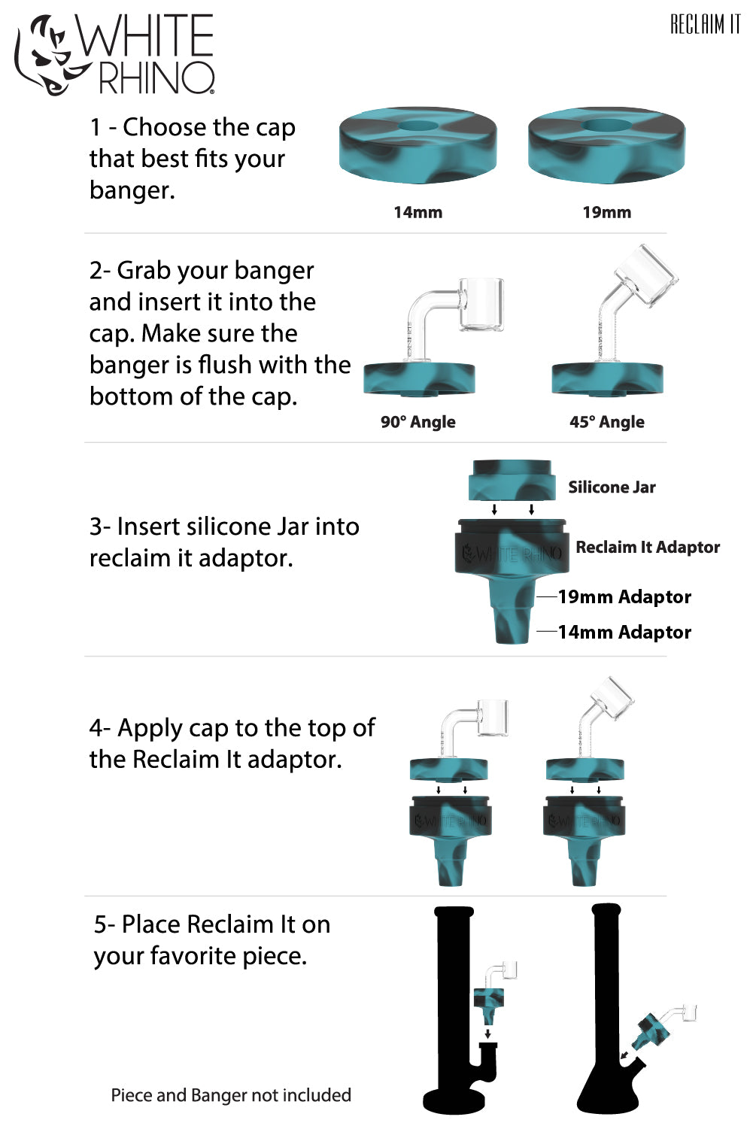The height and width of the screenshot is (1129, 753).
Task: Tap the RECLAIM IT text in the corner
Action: click(x=705, y=25)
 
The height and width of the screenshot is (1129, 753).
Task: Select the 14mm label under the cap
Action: click(x=417, y=212)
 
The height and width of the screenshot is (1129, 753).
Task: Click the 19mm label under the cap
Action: click(x=606, y=212)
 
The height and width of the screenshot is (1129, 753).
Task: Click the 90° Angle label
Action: click(x=417, y=422)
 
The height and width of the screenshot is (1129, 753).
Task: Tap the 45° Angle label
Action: click(x=606, y=422)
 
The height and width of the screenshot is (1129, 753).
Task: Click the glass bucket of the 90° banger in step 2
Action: click(x=481, y=304)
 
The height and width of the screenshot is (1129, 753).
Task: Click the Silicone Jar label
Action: click(x=612, y=487)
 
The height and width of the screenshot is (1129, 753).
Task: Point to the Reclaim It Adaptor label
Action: click(x=648, y=548)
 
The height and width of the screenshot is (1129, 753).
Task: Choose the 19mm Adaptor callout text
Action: click(x=624, y=597)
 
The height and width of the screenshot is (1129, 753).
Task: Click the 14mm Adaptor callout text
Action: click(x=624, y=633)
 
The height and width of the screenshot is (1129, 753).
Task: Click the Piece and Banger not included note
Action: click(x=231, y=1095)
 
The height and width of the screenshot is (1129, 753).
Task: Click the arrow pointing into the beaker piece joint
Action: click(x=623, y=1057)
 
